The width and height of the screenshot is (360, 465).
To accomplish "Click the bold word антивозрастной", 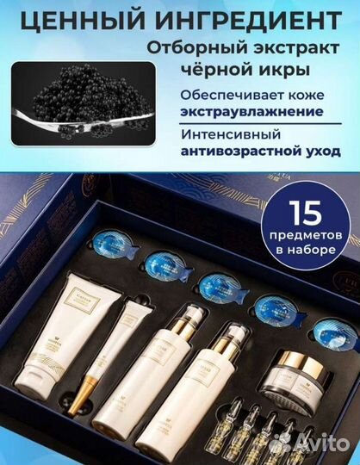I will pos(231,152).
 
